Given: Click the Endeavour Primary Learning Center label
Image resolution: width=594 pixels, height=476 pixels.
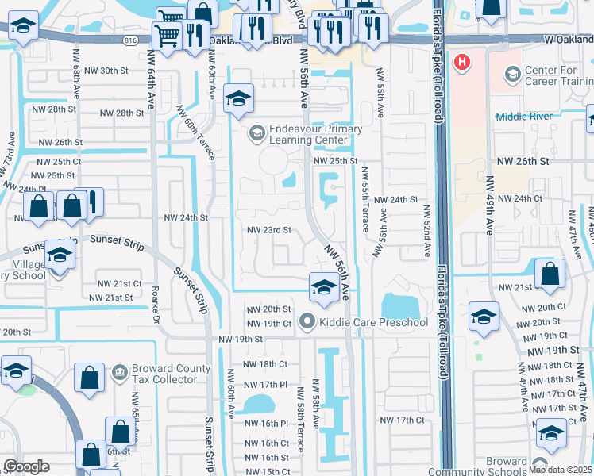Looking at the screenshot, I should click(314, 134).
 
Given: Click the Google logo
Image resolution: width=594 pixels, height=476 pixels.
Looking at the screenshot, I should click(26, 466).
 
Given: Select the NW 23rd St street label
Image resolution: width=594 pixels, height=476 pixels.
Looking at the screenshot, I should click(269, 230).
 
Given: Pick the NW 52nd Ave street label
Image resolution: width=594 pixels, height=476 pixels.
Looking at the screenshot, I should click(426, 231).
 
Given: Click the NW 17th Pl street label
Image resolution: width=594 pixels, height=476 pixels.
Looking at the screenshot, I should click(266, 384).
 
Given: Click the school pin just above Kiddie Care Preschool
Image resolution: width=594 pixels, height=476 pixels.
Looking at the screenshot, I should click(323, 287).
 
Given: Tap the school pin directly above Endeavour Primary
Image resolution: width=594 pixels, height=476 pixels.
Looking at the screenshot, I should click(238, 98).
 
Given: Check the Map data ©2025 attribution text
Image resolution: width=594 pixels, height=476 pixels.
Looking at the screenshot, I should click(561, 470).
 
